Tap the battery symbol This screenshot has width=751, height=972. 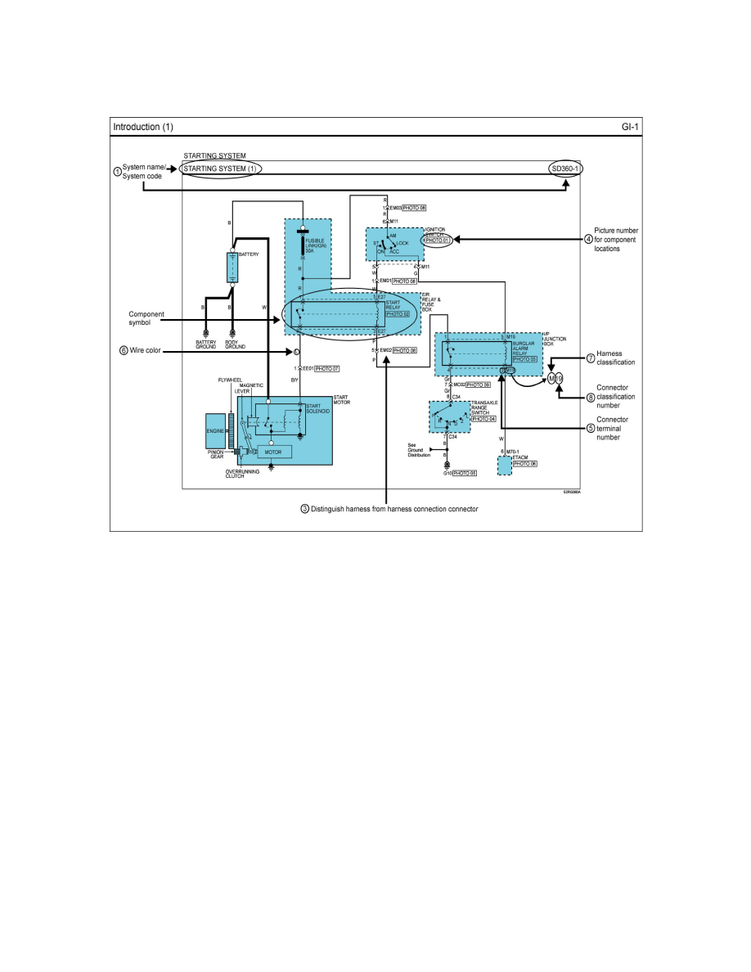[232, 267]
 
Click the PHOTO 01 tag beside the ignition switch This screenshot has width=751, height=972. [438, 241]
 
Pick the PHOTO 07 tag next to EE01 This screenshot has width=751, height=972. [327, 369]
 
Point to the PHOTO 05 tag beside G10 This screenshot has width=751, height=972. [465, 473]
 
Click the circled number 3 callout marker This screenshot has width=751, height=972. [305, 508]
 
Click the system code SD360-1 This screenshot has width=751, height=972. [567, 169]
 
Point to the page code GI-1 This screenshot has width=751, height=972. [630, 127]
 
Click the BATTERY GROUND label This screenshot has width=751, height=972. [206, 344]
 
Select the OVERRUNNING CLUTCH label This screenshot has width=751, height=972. [241, 473]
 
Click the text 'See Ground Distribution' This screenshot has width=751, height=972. [419, 450]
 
